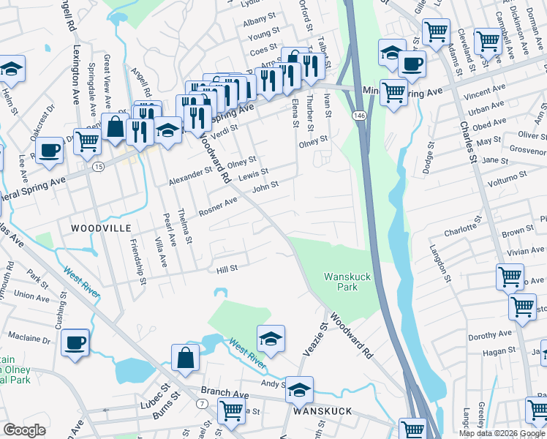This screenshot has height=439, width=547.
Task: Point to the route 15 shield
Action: click(98, 167)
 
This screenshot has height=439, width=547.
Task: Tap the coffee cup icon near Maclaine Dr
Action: click(75, 342)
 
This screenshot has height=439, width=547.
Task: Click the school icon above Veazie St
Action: click(271, 338)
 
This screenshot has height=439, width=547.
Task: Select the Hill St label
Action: click(227, 269)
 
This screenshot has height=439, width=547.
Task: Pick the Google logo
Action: click(24, 430)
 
